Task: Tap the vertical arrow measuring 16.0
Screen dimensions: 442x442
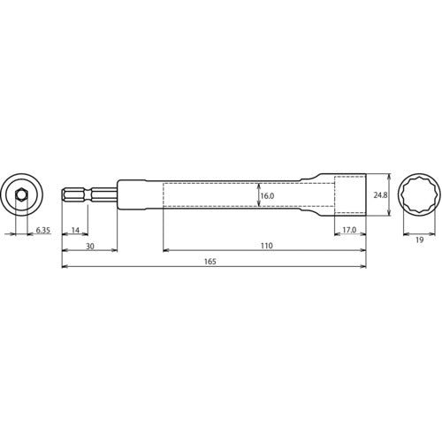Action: pos(257,195)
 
